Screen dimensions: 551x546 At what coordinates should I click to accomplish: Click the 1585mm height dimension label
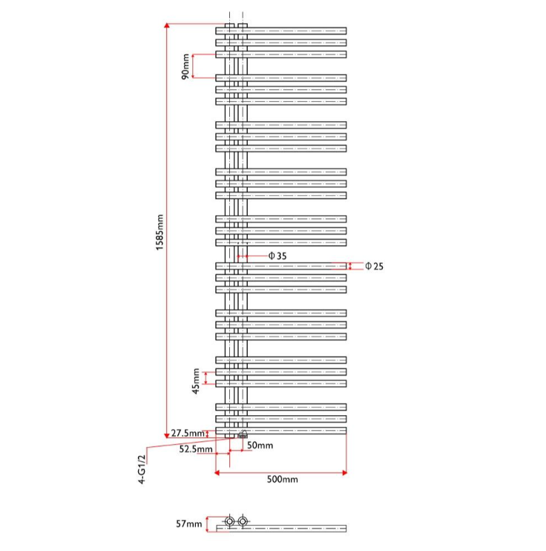coord(159,232)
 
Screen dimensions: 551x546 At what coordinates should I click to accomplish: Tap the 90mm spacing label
coord(185,65)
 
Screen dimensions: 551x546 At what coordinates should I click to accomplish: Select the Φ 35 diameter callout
coord(277,255)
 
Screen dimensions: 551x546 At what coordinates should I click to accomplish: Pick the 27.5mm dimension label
coord(187,433)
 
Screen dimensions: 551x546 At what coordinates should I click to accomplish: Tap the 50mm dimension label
coord(260,446)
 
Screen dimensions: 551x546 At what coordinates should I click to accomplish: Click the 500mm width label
coord(282,480)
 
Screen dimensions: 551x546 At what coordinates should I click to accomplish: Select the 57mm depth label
coord(188,524)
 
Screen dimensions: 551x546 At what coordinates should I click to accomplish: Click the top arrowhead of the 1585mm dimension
coord(167,27)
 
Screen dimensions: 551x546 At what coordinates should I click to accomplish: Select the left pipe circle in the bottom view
coord(229,522)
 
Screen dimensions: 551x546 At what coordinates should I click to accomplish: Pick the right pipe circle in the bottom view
coord(243,522)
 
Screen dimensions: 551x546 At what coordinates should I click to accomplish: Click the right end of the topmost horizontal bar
coord(344,30)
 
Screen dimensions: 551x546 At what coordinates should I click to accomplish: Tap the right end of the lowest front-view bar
coord(344,431)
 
